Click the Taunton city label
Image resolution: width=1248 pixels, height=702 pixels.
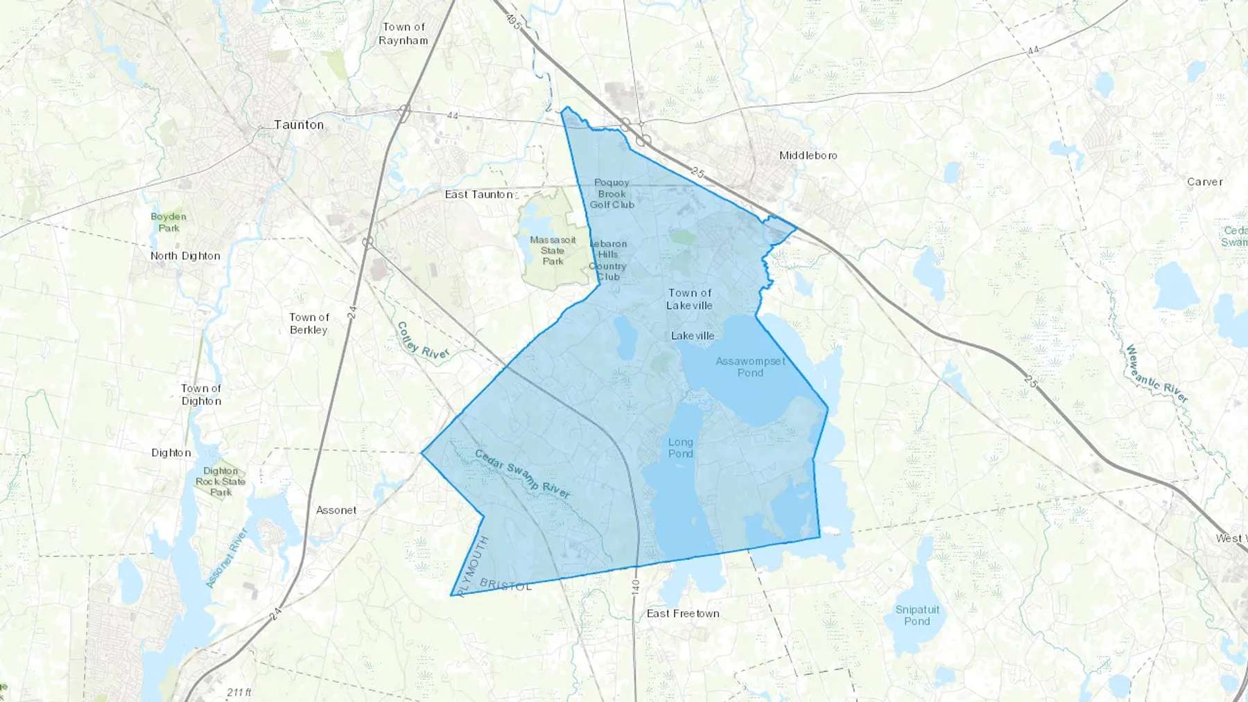coord(299,125)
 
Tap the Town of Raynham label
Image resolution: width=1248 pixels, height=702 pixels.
coord(404,34)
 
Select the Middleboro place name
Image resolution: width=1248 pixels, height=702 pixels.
coord(808,155)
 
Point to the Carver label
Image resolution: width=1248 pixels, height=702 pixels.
coord(1204,182)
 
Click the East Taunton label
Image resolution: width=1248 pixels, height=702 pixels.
coord(479,195)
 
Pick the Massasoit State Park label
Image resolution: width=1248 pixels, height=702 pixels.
coord(553,250)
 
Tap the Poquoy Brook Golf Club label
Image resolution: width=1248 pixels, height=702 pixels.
coord(612,194)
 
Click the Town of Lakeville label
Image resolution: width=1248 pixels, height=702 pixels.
coord(689,299)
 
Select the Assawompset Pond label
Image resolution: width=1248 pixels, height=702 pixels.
coord(750,367)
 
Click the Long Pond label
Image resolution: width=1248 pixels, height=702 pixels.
coord(680,448)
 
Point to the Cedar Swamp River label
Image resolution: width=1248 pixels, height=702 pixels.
coord(523,474)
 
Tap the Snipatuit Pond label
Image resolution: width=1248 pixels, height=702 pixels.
coord(917,615)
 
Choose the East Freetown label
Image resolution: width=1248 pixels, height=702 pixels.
coord(683,613)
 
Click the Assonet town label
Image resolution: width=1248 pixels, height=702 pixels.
coord(336,510)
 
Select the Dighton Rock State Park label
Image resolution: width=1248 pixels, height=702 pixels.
coord(220,482)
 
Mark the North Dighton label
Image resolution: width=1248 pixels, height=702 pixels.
coord(185,256)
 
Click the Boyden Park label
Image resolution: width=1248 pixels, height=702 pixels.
coord(168,222)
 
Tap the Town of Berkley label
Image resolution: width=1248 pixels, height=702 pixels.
coord(309,324)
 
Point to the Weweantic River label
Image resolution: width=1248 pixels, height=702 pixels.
coord(1156,374)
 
